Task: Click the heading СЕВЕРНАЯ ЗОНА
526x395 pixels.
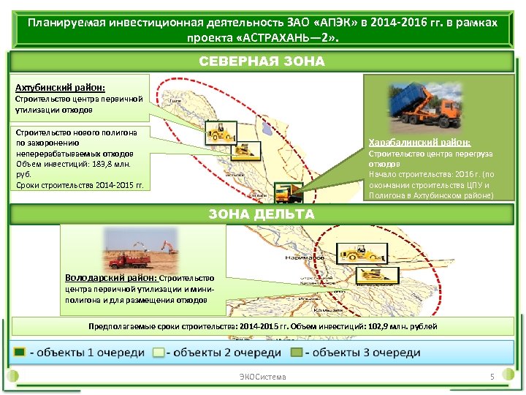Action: [x=262, y=61]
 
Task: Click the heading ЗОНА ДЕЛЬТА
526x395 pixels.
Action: [x=262, y=214]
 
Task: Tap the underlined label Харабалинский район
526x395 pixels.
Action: [x=419, y=142]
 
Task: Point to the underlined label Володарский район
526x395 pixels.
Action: [x=110, y=278]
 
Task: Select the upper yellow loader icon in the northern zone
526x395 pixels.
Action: [x=219, y=131]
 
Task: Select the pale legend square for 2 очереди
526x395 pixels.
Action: [x=158, y=353]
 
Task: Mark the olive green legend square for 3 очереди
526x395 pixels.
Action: [x=296, y=353]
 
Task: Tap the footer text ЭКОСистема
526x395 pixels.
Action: [x=263, y=377]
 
